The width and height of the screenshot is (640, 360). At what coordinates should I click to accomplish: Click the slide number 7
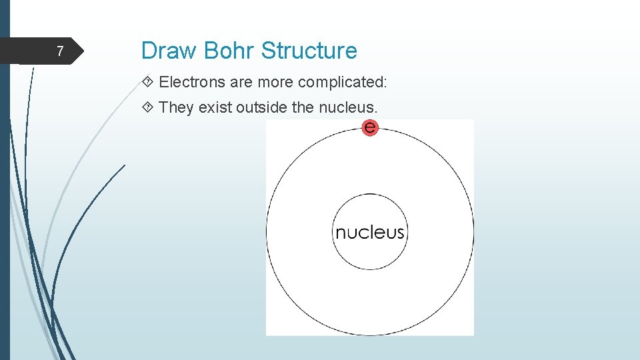(x=60, y=51)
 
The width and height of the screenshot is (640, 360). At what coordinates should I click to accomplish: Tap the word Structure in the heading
(x=309, y=51)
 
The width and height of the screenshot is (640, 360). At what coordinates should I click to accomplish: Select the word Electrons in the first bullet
(x=193, y=82)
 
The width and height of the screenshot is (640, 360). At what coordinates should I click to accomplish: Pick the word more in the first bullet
(x=275, y=82)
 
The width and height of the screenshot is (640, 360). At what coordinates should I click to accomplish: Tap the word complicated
(x=343, y=82)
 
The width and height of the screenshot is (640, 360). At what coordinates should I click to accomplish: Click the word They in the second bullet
(x=177, y=107)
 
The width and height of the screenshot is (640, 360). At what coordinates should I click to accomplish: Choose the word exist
(x=215, y=107)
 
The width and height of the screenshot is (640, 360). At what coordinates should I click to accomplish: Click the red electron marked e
(x=370, y=127)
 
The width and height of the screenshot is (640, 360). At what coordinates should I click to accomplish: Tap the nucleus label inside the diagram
(x=369, y=232)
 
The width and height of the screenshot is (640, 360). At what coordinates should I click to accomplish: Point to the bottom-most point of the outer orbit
(x=370, y=335)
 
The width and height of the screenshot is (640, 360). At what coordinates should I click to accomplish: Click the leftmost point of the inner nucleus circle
(x=332, y=232)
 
